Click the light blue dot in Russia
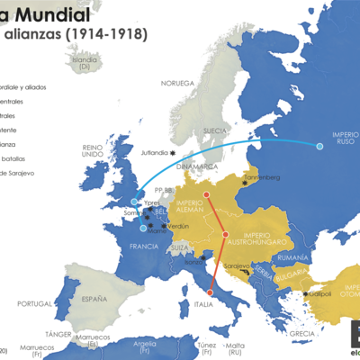point(319,146)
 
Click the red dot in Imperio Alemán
point(206,194)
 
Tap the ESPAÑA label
point(87,297)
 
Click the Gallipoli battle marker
point(305,293)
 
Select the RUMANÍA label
point(293,258)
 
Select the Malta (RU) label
point(237,348)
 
